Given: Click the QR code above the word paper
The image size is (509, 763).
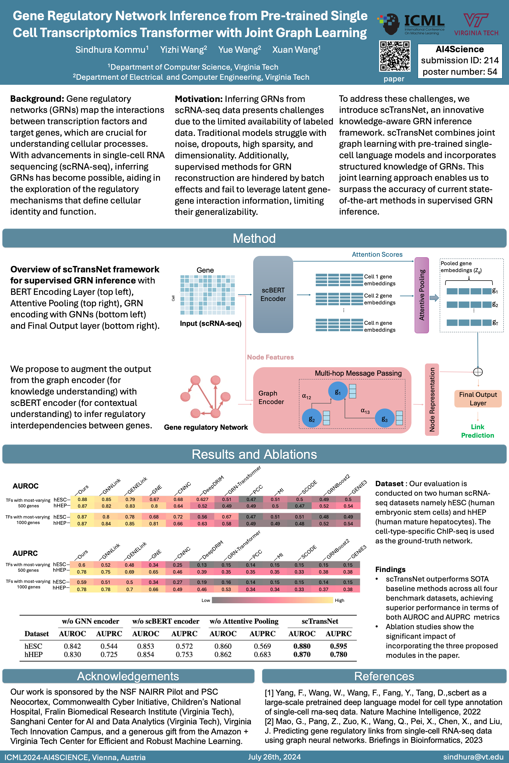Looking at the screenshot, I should pos(394,56).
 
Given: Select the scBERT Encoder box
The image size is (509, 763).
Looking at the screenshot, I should pos(273,294).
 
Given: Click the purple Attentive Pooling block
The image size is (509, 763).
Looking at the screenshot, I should pos(422,295).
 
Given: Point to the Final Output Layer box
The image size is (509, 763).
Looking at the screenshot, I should pos(478,399).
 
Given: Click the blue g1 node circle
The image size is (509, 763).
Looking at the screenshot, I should pos(337,391).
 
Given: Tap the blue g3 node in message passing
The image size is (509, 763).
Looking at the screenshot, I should pos(385,419).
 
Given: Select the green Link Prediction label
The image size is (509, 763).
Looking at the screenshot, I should pos(477,431).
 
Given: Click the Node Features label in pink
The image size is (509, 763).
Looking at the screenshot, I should pos(270,357).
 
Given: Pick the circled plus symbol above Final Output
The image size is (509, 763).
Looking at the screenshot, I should pos(478,372).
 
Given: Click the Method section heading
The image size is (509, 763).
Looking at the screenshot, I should pos(254,238).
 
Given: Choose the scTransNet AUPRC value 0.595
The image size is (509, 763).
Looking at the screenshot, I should pos(338,646).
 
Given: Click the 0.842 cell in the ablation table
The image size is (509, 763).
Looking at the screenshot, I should pos(72,646).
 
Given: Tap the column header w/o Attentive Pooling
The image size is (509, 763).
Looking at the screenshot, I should pos(244,621).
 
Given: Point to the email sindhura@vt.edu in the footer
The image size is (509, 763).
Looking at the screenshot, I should pos(473,757).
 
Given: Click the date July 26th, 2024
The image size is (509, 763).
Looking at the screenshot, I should pos(274,757).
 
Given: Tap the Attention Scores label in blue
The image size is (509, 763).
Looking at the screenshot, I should pos(377,255).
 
